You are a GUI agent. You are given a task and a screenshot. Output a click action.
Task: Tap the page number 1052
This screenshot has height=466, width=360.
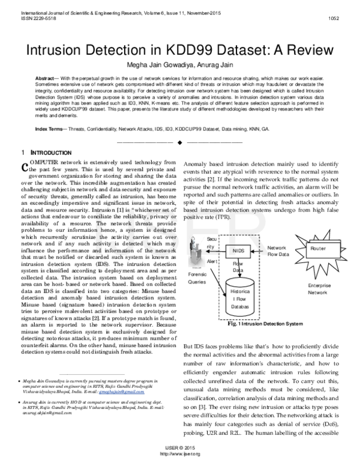click(x=335, y=17)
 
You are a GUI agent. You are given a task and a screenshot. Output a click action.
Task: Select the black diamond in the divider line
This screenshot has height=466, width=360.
click(x=179, y=142)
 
